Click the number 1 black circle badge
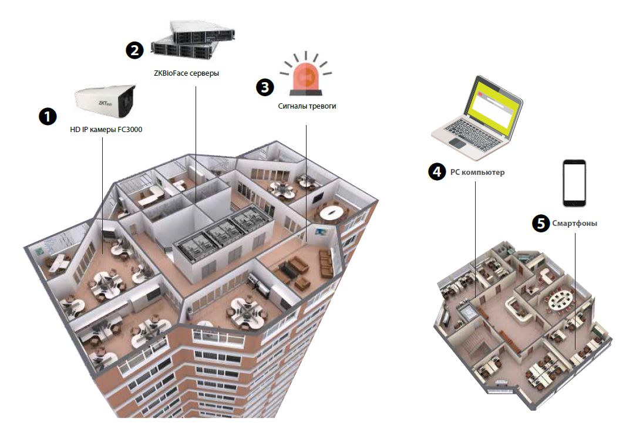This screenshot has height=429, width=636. [47, 116]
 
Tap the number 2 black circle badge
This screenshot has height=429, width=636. [134, 50]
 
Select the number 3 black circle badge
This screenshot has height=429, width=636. [265, 87]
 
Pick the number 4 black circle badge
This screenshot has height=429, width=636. [436, 172]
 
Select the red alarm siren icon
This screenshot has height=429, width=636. [306, 77]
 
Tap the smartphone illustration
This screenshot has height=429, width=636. [574, 182]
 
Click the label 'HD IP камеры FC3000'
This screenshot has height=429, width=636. [106, 130]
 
